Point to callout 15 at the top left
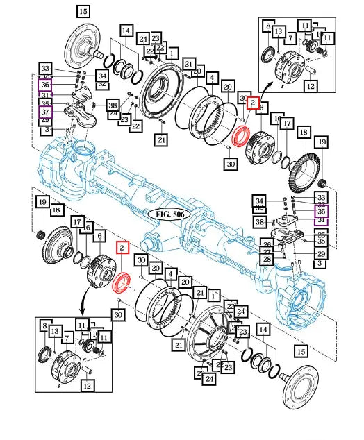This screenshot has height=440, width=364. tap(83, 11)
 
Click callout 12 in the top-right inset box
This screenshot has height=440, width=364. tap(311, 87)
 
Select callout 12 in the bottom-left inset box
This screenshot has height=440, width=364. tap(88, 386)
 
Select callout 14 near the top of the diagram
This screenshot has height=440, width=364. tap(126, 31)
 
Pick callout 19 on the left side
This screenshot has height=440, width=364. tap(42, 202)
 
